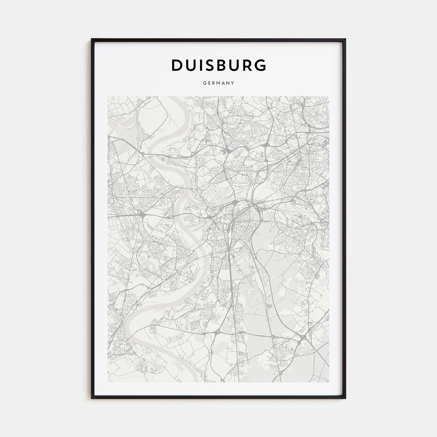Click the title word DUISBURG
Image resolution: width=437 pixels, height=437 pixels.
point(219,65)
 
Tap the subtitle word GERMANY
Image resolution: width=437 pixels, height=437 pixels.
point(219,83)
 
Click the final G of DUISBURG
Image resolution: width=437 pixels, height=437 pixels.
point(261,65)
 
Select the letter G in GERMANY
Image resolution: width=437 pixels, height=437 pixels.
point(204,83)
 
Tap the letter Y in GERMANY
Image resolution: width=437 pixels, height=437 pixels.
point(233,83)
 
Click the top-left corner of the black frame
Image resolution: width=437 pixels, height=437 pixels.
point(92,39)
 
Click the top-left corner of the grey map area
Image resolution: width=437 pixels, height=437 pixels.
point(108,96)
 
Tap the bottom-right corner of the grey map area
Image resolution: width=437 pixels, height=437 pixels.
point(329,382)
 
